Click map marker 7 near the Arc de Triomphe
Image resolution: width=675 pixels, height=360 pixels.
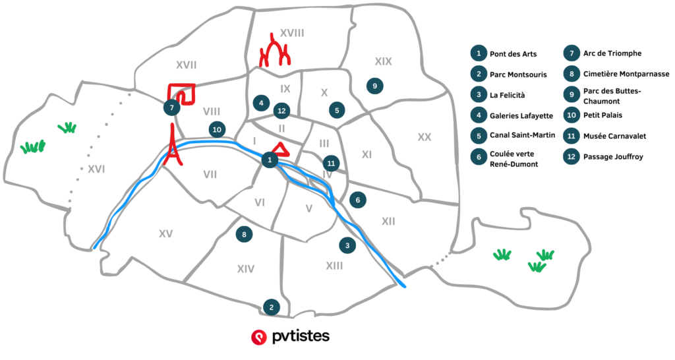point(171,107)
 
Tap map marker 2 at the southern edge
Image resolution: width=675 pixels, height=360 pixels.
point(270,307)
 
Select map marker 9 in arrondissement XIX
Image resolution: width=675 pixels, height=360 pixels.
point(374,86)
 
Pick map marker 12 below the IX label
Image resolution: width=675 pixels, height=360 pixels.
point(281,111)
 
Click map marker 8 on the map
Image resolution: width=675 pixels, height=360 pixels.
point(244,234)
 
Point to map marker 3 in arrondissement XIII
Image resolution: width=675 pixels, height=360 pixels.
point(347,245)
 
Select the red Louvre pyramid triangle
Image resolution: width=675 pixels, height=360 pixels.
point(279,149)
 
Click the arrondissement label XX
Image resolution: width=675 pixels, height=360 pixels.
point(424,137)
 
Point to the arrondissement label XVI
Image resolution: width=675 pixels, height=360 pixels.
point(96,169)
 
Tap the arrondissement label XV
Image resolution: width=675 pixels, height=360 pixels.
point(165,233)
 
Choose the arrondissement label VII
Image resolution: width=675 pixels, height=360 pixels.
point(210,175)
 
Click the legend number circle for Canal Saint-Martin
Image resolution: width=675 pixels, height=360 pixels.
point(477,136)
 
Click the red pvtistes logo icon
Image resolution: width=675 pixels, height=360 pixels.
point(258,337)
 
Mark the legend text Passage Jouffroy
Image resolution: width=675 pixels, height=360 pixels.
point(614,157)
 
